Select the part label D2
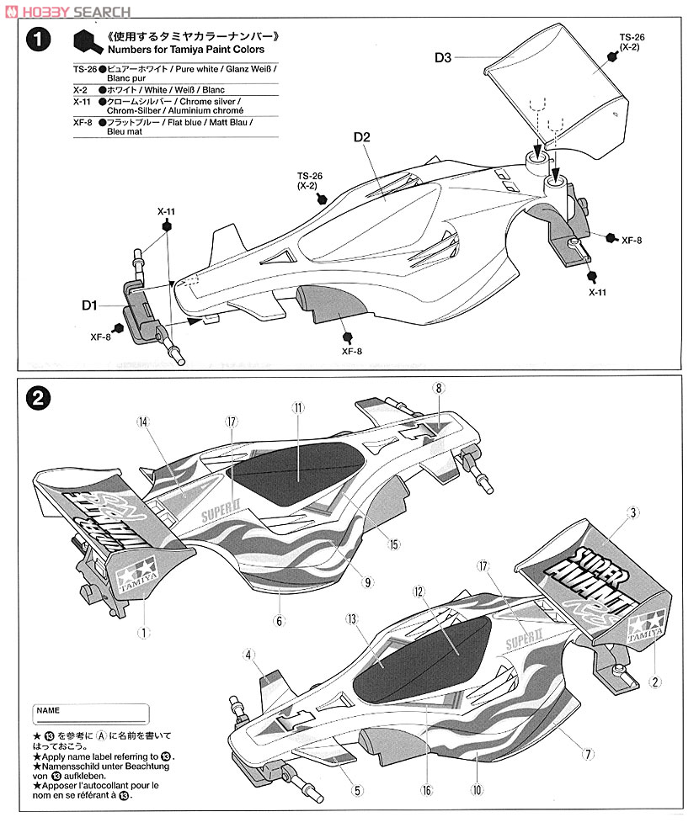pyautogui.click(x=362, y=138)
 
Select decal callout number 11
pyautogui.click(x=297, y=407)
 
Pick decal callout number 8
pyautogui.click(x=438, y=388)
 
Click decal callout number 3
pyautogui.click(x=634, y=512)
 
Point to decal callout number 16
pyautogui.click(x=428, y=791)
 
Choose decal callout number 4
pyautogui.click(x=248, y=655)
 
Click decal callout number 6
pyautogui.click(x=279, y=621)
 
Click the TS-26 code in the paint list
pyautogui.click(x=85, y=71)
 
